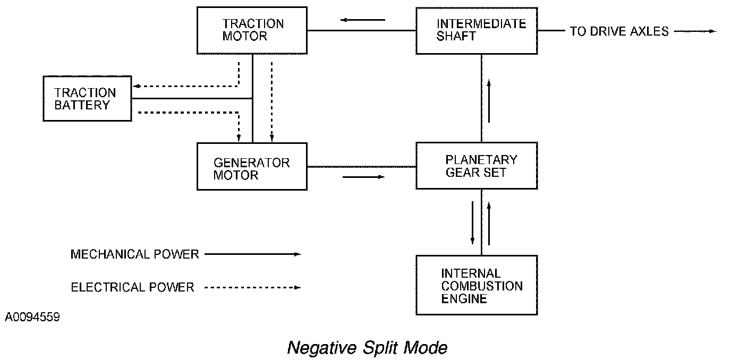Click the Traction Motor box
click(x=252, y=30)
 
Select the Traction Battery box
click(x=88, y=98)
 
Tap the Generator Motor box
click(x=252, y=166)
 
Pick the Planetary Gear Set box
click(x=477, y=166)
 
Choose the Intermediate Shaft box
click(x=477, y=31)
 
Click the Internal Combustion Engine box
click(x=477, y=285)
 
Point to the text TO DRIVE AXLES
click(x=619, y=31)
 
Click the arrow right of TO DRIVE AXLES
click(x=695, y=31)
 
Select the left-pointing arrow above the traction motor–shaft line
click(x=362, y=20)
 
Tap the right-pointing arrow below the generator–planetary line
click(x=363, y=177)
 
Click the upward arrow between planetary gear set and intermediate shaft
click(x=489, y=101)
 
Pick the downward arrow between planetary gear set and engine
click(x=472, y=223)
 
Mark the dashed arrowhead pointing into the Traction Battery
click(x=137, y=86)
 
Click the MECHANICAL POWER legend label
click(x=135, y=254)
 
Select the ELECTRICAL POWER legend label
click(x=132, y=287)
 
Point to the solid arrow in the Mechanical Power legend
click(x=253, y=254)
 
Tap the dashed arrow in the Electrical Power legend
click(x=253, y=288)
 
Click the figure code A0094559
click(x=32, y=317)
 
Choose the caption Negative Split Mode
click(x=367, y=348)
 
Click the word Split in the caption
click(x=380, y=348)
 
